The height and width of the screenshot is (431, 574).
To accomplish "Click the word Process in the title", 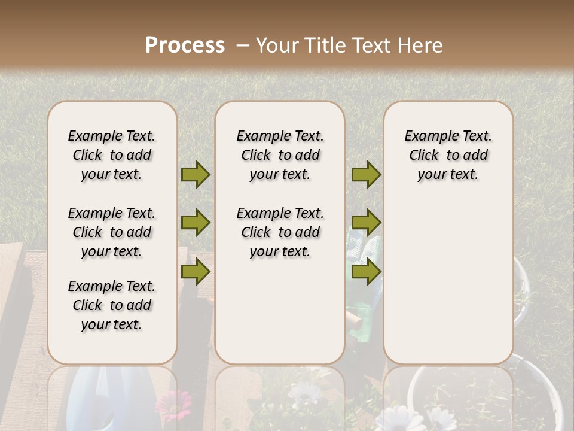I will click(x=185, y=45).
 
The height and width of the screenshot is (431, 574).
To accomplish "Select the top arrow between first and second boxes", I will click(x=196, y=175).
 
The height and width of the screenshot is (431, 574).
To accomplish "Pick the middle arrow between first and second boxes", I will click(x=196, y=223).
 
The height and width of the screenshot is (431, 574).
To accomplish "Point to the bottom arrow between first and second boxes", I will click(x=196, y=271).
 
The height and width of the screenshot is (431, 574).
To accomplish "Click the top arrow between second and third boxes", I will click(x=366, y=175).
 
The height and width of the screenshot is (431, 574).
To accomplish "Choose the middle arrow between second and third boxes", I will click(x=366, y=223).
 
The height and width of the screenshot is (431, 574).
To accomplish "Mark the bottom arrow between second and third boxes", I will click(x=366, y=271).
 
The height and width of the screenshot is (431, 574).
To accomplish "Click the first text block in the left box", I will click(x=112, y=155).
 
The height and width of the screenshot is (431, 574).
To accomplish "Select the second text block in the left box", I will click(x=112, y=232).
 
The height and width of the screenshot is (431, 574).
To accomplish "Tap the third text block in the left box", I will click(x=112, y=305).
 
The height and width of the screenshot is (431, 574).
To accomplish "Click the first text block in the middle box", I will click(x=280, y=155).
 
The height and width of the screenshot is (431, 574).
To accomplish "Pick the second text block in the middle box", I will click(x=280, y=232).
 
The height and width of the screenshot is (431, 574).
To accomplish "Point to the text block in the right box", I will click(x=448, y=155).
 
